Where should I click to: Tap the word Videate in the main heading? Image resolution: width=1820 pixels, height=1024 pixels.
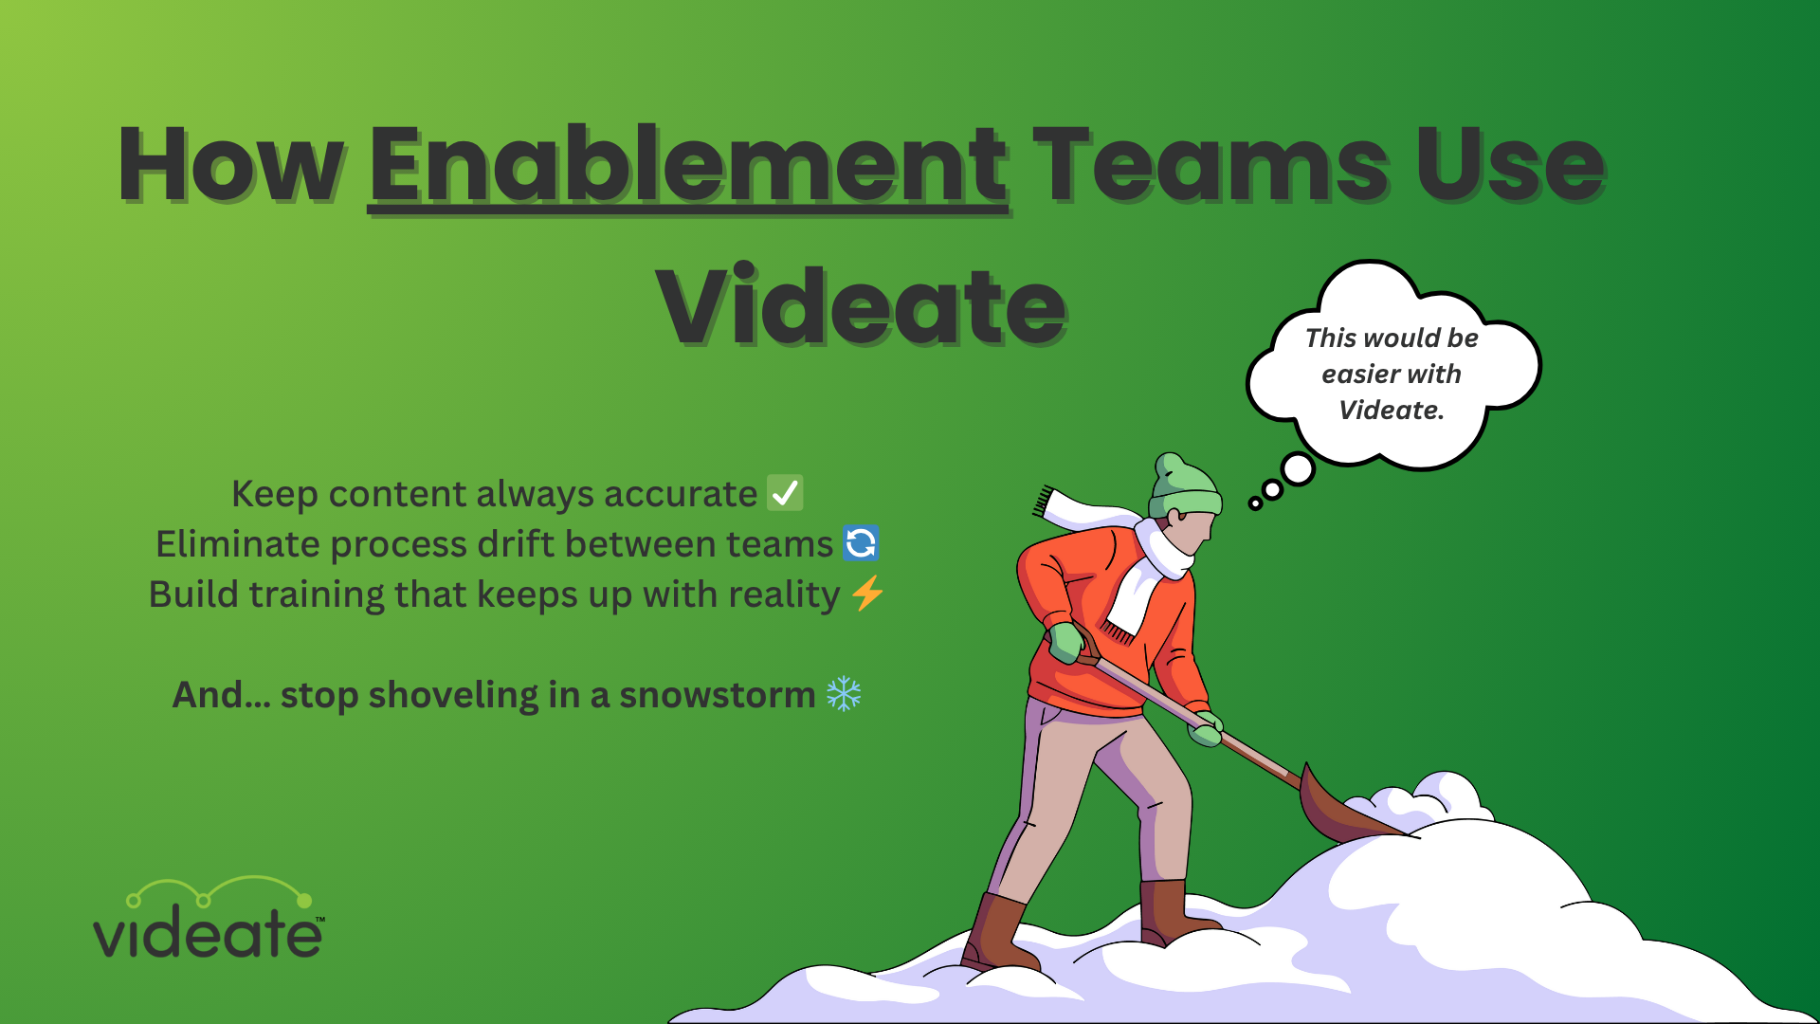(x=861, y=306)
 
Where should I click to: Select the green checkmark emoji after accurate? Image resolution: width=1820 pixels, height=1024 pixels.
(x=785, y=493)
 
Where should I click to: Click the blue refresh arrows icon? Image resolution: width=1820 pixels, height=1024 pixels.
(x=861, y=543)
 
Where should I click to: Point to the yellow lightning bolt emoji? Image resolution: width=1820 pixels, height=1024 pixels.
(x=867, y=594)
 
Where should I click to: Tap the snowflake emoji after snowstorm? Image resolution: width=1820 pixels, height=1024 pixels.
(x=844, y=694)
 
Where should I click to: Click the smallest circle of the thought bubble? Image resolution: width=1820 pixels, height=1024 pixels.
(x=1255, y=503)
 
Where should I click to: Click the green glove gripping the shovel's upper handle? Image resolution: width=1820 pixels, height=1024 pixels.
(x=1066, y=642)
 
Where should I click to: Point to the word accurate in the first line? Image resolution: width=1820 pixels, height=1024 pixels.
(x=680, y=494)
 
